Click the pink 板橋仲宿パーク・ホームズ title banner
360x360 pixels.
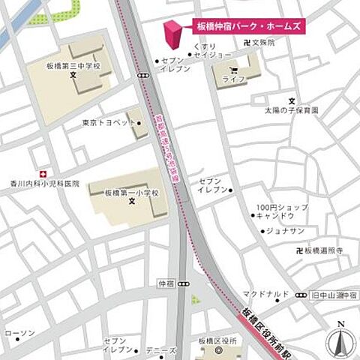pyautogui.click(x=248, y=26)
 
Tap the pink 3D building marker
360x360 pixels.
pyautogui.click(x=173, y=33)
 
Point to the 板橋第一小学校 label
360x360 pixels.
pyautogui.click(x=132, y=192)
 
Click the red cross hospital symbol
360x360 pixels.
pyautogui.click(x=44, y=172)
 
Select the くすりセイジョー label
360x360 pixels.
pyautogui.click(x=212, y=50)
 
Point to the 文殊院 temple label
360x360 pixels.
pyautogui.click(x=263, y=43)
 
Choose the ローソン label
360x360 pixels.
pyautogui.click(x=19, y=332)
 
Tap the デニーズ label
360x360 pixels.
pyautogui.click(x=161, y=350)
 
